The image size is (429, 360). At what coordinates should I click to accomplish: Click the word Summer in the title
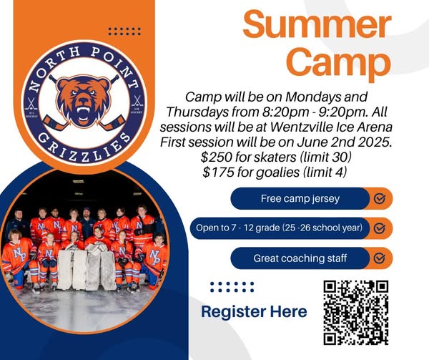point(317,24)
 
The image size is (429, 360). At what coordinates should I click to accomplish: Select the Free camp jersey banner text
point(300,198)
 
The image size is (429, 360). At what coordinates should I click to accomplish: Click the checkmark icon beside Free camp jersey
point(380,198)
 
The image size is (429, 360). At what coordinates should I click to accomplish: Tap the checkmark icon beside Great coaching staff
point(380,258)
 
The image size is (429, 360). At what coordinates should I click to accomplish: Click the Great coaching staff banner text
point(300,258)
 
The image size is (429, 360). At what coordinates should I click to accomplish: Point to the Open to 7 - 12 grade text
point(238,228)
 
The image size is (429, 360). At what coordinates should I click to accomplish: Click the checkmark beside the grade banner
point(380,228)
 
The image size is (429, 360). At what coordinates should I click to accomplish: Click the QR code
point(355,312)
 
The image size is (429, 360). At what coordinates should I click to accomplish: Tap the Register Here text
point(254,311)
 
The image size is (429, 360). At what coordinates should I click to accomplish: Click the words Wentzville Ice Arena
point(332,127)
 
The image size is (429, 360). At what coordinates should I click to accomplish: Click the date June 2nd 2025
point(344,142)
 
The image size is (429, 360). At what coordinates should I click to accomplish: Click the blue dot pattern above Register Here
point(232,287)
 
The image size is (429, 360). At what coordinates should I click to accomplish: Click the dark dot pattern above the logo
point(124,31)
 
